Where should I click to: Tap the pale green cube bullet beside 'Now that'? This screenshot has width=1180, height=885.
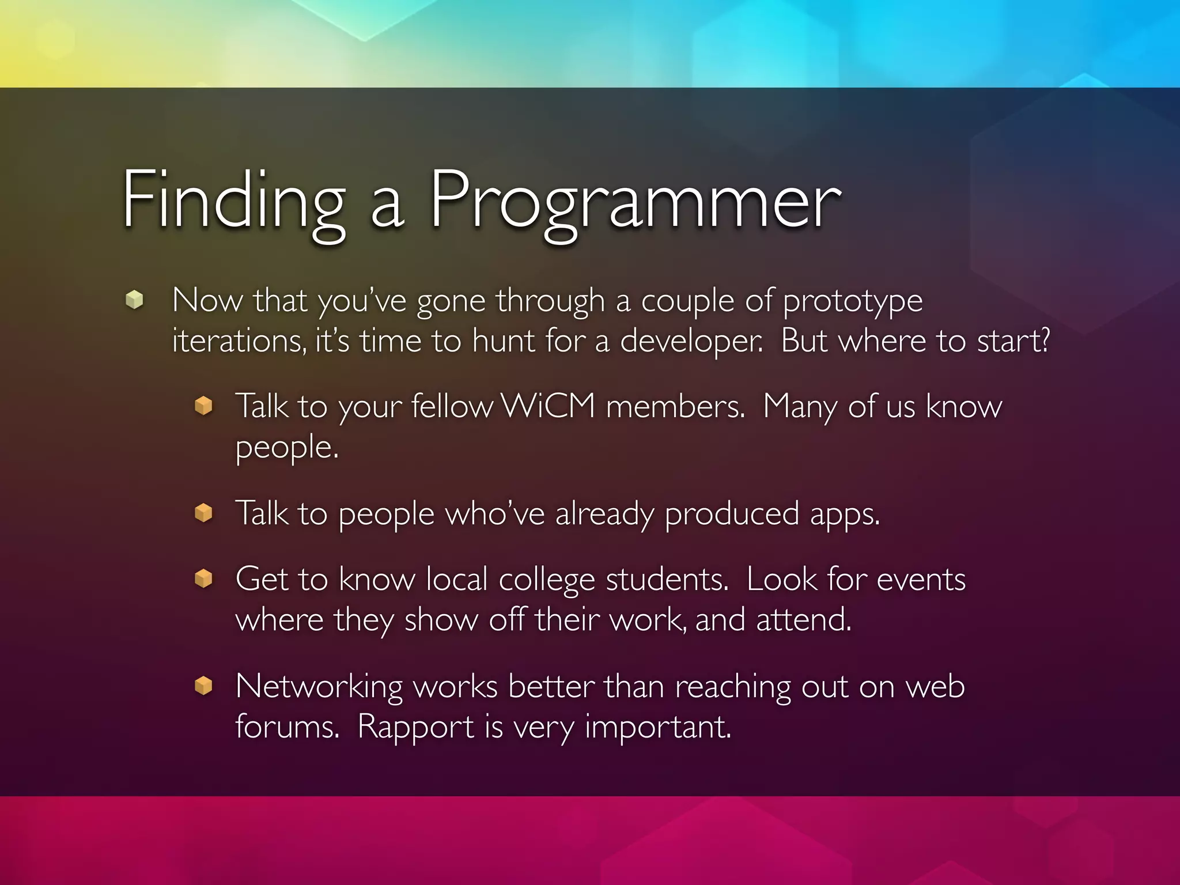(134, 300)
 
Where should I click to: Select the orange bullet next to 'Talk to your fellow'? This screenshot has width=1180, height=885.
(203, 406)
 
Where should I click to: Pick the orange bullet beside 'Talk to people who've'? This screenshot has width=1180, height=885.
(203, 512)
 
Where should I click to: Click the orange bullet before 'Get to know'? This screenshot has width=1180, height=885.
(203, 578)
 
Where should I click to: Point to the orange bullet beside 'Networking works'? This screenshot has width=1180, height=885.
(203, 686)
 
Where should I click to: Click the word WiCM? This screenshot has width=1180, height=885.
(548, 406)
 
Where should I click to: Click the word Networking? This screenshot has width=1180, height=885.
(319, 687)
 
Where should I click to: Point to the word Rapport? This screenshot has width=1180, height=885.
(415, 727)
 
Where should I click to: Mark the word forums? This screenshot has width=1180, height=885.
(287, 726)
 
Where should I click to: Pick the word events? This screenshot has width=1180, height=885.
(921, 580)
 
